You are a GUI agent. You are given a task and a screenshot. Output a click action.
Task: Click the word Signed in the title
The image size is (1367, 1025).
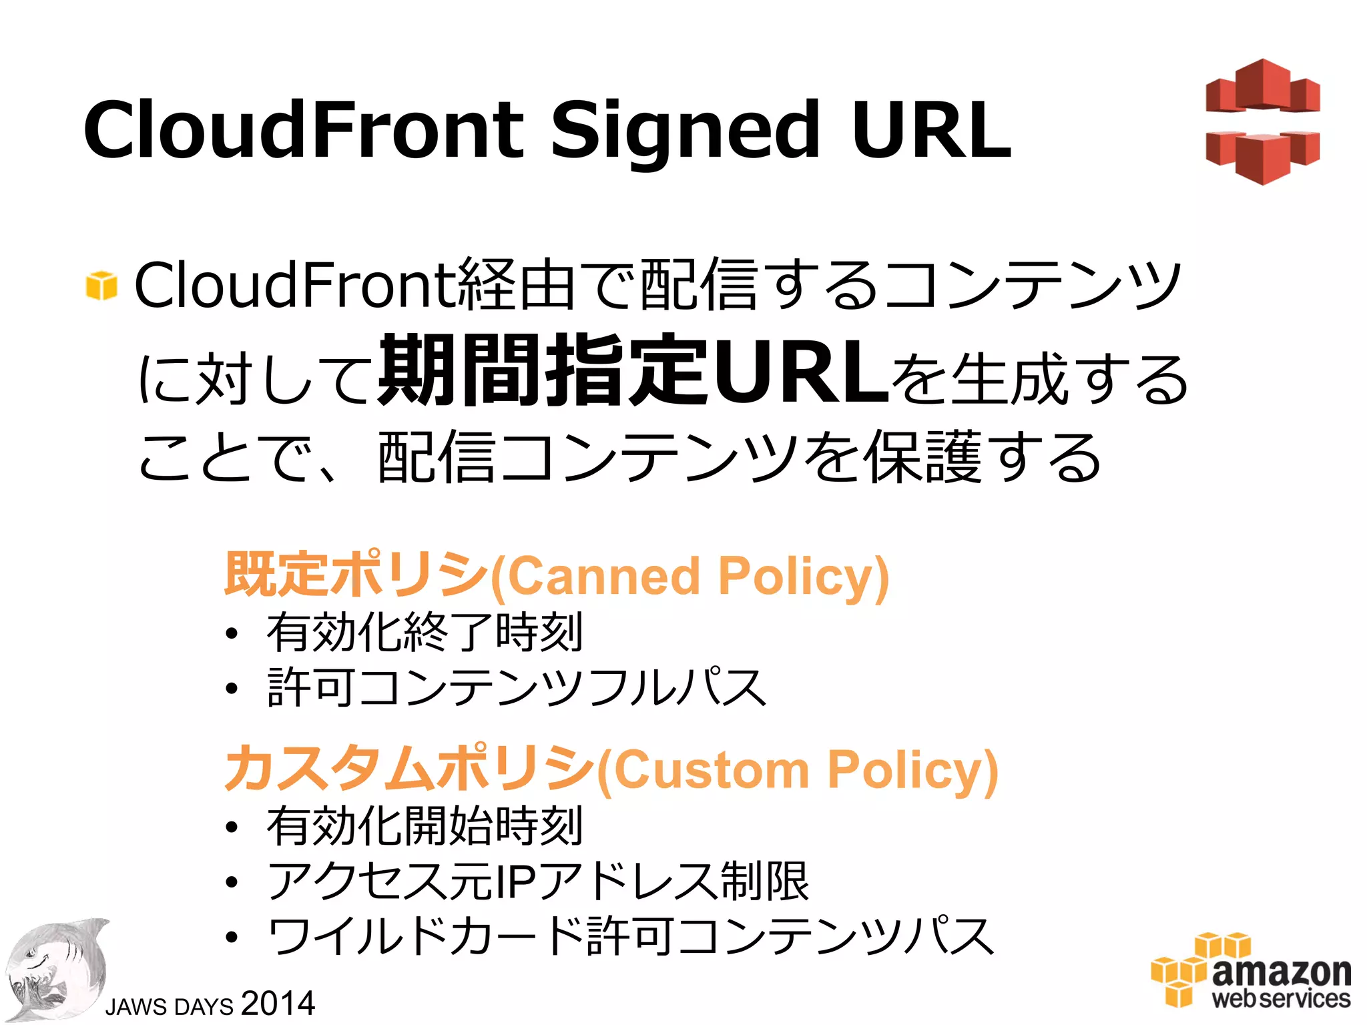coord(684,130)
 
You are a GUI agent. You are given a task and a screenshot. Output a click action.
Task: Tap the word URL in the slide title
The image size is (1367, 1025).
coord(931,130)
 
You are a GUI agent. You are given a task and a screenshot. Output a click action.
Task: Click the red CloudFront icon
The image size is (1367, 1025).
coord(1262,121)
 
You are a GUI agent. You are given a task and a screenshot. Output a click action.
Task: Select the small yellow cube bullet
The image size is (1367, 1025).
coord(101,286)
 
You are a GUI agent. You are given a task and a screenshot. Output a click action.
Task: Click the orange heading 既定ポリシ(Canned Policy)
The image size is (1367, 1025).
coord(557,575)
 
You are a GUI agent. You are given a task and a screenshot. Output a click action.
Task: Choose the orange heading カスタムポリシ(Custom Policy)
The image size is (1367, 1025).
coord(611,769)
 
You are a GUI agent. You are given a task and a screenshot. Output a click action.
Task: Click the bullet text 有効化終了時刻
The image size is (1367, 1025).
coord(425,632)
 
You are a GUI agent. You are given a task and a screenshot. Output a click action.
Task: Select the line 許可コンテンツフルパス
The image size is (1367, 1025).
coord(517,687)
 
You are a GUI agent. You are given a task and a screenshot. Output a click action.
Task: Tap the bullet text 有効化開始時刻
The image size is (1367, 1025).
coord(425,826)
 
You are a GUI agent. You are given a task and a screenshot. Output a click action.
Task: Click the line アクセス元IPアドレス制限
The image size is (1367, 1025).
coord(538,882)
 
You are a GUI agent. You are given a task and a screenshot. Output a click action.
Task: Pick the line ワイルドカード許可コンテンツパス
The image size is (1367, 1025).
coord(630,936)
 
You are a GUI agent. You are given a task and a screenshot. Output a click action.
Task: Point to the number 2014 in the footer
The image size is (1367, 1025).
coord(278,1003)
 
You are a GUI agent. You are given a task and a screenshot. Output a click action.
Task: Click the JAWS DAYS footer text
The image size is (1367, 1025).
coord(170,1006)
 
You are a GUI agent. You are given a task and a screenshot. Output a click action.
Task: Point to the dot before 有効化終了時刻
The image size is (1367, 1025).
coord(231,634)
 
